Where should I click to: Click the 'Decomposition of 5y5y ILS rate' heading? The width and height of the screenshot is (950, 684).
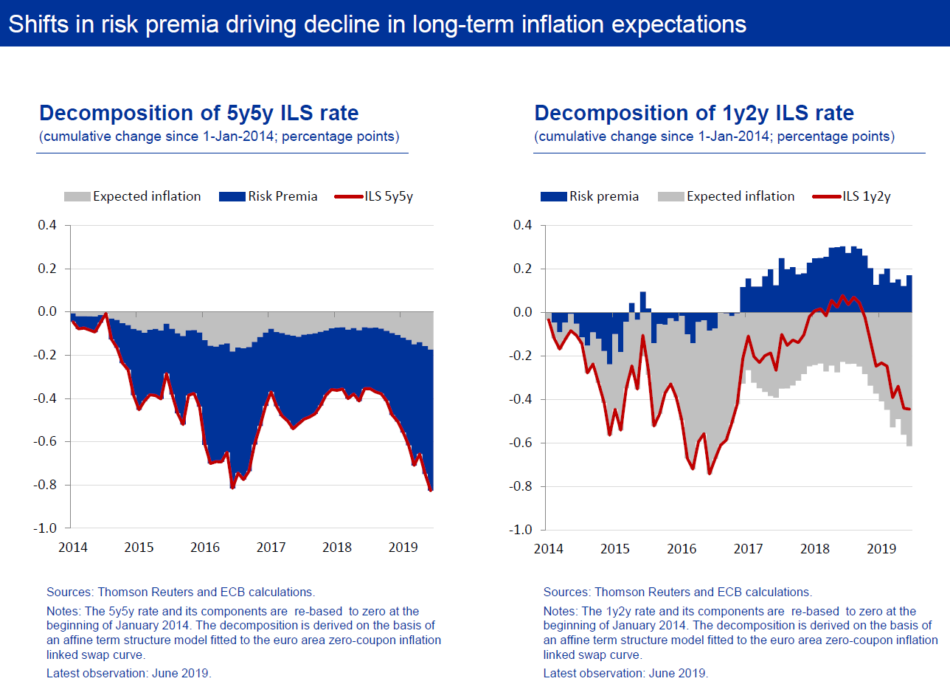coord(198,113)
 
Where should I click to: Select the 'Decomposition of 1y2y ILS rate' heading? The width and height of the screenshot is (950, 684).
coord(694,113)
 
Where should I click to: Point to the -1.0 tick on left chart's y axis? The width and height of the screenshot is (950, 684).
coord(47,528)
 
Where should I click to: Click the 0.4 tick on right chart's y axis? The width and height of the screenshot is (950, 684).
coord(522,225)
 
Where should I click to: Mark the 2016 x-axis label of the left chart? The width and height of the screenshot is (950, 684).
coord(205,547)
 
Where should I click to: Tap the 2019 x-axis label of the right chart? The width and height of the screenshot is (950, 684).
coord(881,549)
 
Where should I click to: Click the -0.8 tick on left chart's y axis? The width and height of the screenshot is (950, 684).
coord(47,486)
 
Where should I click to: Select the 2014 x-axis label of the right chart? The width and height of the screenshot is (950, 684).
coord(549,549)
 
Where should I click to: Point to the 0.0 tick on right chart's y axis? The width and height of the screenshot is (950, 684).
coord(522,312)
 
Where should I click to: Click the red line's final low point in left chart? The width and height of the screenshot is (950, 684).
coord(431,489)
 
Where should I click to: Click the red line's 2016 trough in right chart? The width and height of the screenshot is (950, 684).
coord(709,473)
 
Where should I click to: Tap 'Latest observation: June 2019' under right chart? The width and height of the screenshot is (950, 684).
coord(625,673)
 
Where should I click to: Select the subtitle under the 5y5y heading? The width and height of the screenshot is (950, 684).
coord(219,137)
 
